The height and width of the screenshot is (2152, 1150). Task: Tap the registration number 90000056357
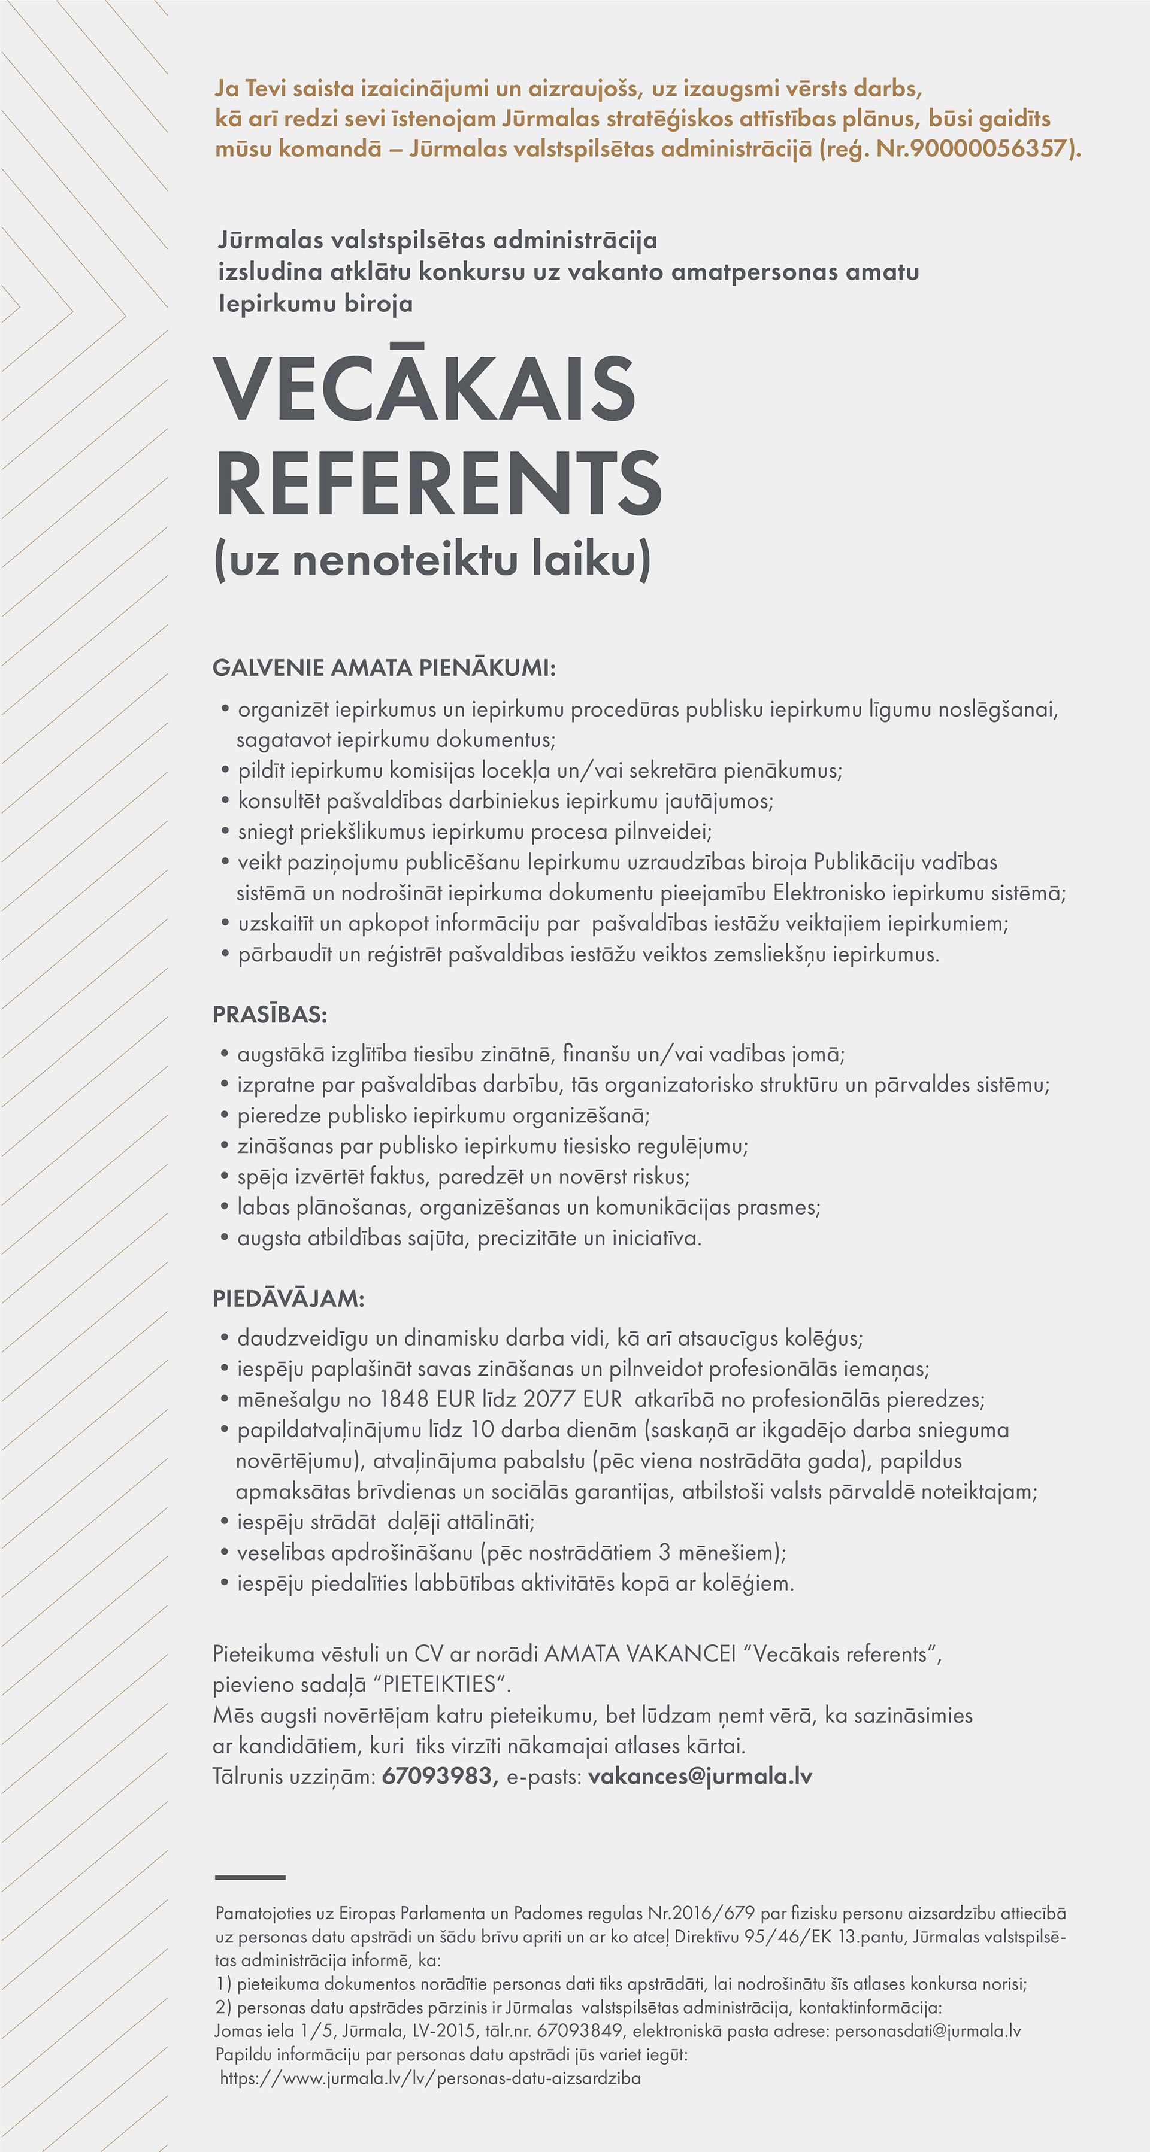[989, 148]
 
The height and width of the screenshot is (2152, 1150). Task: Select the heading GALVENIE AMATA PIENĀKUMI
[383, 668]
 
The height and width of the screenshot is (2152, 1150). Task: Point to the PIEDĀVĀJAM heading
[288, 1298]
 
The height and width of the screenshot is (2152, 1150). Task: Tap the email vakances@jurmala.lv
[700, 1776]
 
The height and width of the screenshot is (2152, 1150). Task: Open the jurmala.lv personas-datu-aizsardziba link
[431, 2078]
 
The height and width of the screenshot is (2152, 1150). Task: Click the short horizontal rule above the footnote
[250, 1877]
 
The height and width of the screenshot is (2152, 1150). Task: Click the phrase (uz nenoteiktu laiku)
[432, 559]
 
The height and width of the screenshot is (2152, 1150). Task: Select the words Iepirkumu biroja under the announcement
[315, 303]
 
